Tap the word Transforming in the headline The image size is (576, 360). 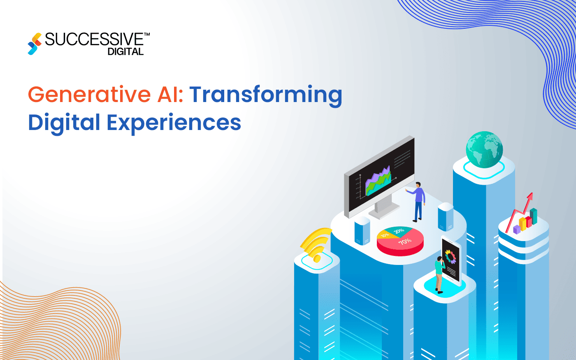[265, 95]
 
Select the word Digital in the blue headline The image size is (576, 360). [64, 123]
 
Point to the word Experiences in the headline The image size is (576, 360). [174, 123]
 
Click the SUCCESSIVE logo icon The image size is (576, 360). [35, 44]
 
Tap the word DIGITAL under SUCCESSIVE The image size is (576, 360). [125, 52]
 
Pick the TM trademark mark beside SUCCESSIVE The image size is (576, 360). [147, 36]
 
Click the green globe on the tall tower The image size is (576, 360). [484, 149]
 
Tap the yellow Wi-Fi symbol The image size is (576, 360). [316, 245]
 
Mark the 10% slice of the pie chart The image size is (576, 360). [385, 235]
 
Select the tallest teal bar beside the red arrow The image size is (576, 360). [533, 216]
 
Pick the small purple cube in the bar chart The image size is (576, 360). [517, 229]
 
